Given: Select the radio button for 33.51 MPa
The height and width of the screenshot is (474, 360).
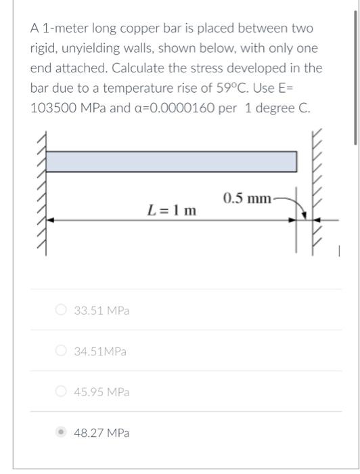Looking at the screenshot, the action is (61, 311).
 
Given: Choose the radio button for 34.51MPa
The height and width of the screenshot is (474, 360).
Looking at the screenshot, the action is (61, 351).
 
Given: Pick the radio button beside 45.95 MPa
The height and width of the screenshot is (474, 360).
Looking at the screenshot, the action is (61, 392).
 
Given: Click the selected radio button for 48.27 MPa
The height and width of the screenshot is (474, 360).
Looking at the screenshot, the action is (61, 433).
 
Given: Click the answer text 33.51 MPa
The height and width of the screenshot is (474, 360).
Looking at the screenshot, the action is (102, 311).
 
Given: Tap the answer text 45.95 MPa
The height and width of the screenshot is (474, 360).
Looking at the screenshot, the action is (102, 392).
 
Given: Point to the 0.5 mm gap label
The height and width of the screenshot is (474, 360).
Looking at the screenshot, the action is (247, 198).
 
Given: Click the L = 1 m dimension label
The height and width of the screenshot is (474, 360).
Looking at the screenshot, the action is (173, 210).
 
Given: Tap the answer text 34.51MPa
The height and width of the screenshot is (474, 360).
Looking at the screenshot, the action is (100, 351).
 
